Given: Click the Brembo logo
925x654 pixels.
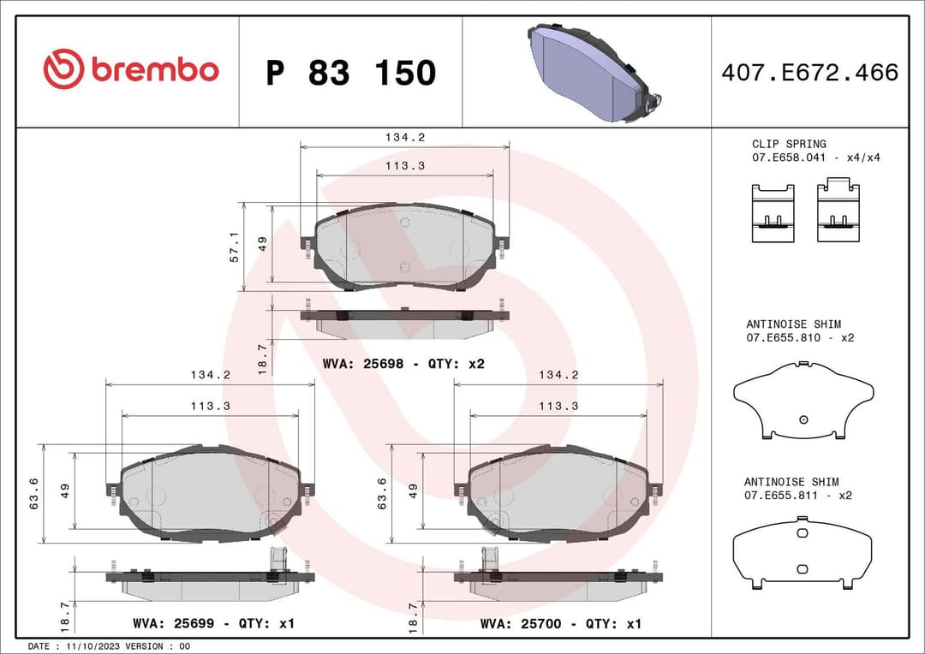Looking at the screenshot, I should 131,70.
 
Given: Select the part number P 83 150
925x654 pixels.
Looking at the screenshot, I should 350,73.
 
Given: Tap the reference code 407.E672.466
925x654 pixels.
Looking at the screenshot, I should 809,73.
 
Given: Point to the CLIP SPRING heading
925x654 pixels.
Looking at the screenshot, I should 789,144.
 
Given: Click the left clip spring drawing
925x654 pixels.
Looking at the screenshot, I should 773,213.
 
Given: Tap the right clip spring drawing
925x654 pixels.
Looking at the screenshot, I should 838,210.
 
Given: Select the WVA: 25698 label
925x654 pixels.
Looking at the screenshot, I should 403,364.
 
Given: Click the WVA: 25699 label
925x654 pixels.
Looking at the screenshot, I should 213,624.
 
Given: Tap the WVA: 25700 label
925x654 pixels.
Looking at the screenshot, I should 561,624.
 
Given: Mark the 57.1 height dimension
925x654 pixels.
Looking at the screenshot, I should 235,247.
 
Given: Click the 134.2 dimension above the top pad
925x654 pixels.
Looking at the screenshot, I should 405,137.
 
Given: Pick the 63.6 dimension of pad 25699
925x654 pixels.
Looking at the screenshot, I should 33,494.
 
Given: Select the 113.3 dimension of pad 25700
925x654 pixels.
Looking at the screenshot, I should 558,406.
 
